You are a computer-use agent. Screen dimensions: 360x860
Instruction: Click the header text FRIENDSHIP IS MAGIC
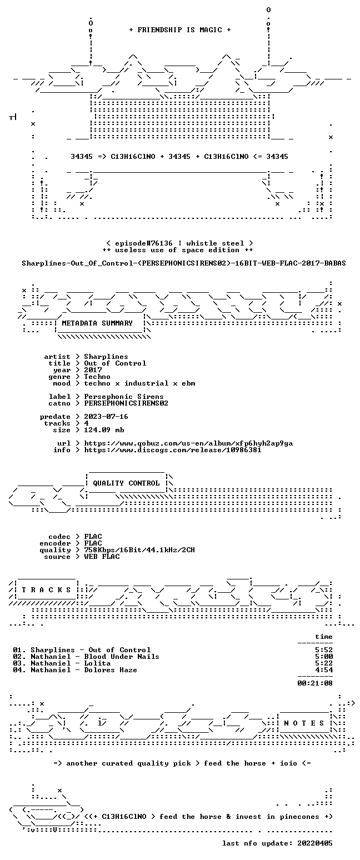[179, 30]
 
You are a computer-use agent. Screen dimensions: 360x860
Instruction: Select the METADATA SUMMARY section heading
[97, 323]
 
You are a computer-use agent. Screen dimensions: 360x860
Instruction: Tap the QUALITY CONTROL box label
[126, 483]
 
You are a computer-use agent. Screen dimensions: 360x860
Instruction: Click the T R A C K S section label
[47, 589]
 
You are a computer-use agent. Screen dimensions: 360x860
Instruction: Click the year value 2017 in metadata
[93, 370]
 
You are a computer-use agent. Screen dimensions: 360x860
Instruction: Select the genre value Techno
[97, 377]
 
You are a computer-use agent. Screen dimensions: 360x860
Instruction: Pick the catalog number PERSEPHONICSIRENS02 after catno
[126, 403]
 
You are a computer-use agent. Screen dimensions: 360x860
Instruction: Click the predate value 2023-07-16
[106, 417]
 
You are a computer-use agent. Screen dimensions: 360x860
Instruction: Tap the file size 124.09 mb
[104, 430]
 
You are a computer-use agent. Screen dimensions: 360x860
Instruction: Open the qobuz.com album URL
[188, 443]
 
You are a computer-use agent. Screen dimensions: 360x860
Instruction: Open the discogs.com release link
[173, 450]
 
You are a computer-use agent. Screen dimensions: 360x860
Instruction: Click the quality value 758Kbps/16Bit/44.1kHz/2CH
[139, 550]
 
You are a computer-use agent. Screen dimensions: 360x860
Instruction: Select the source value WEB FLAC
[102, 557]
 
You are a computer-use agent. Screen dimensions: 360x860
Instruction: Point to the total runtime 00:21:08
[315, 683]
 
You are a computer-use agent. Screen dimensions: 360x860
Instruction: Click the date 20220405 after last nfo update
[315, 843]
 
